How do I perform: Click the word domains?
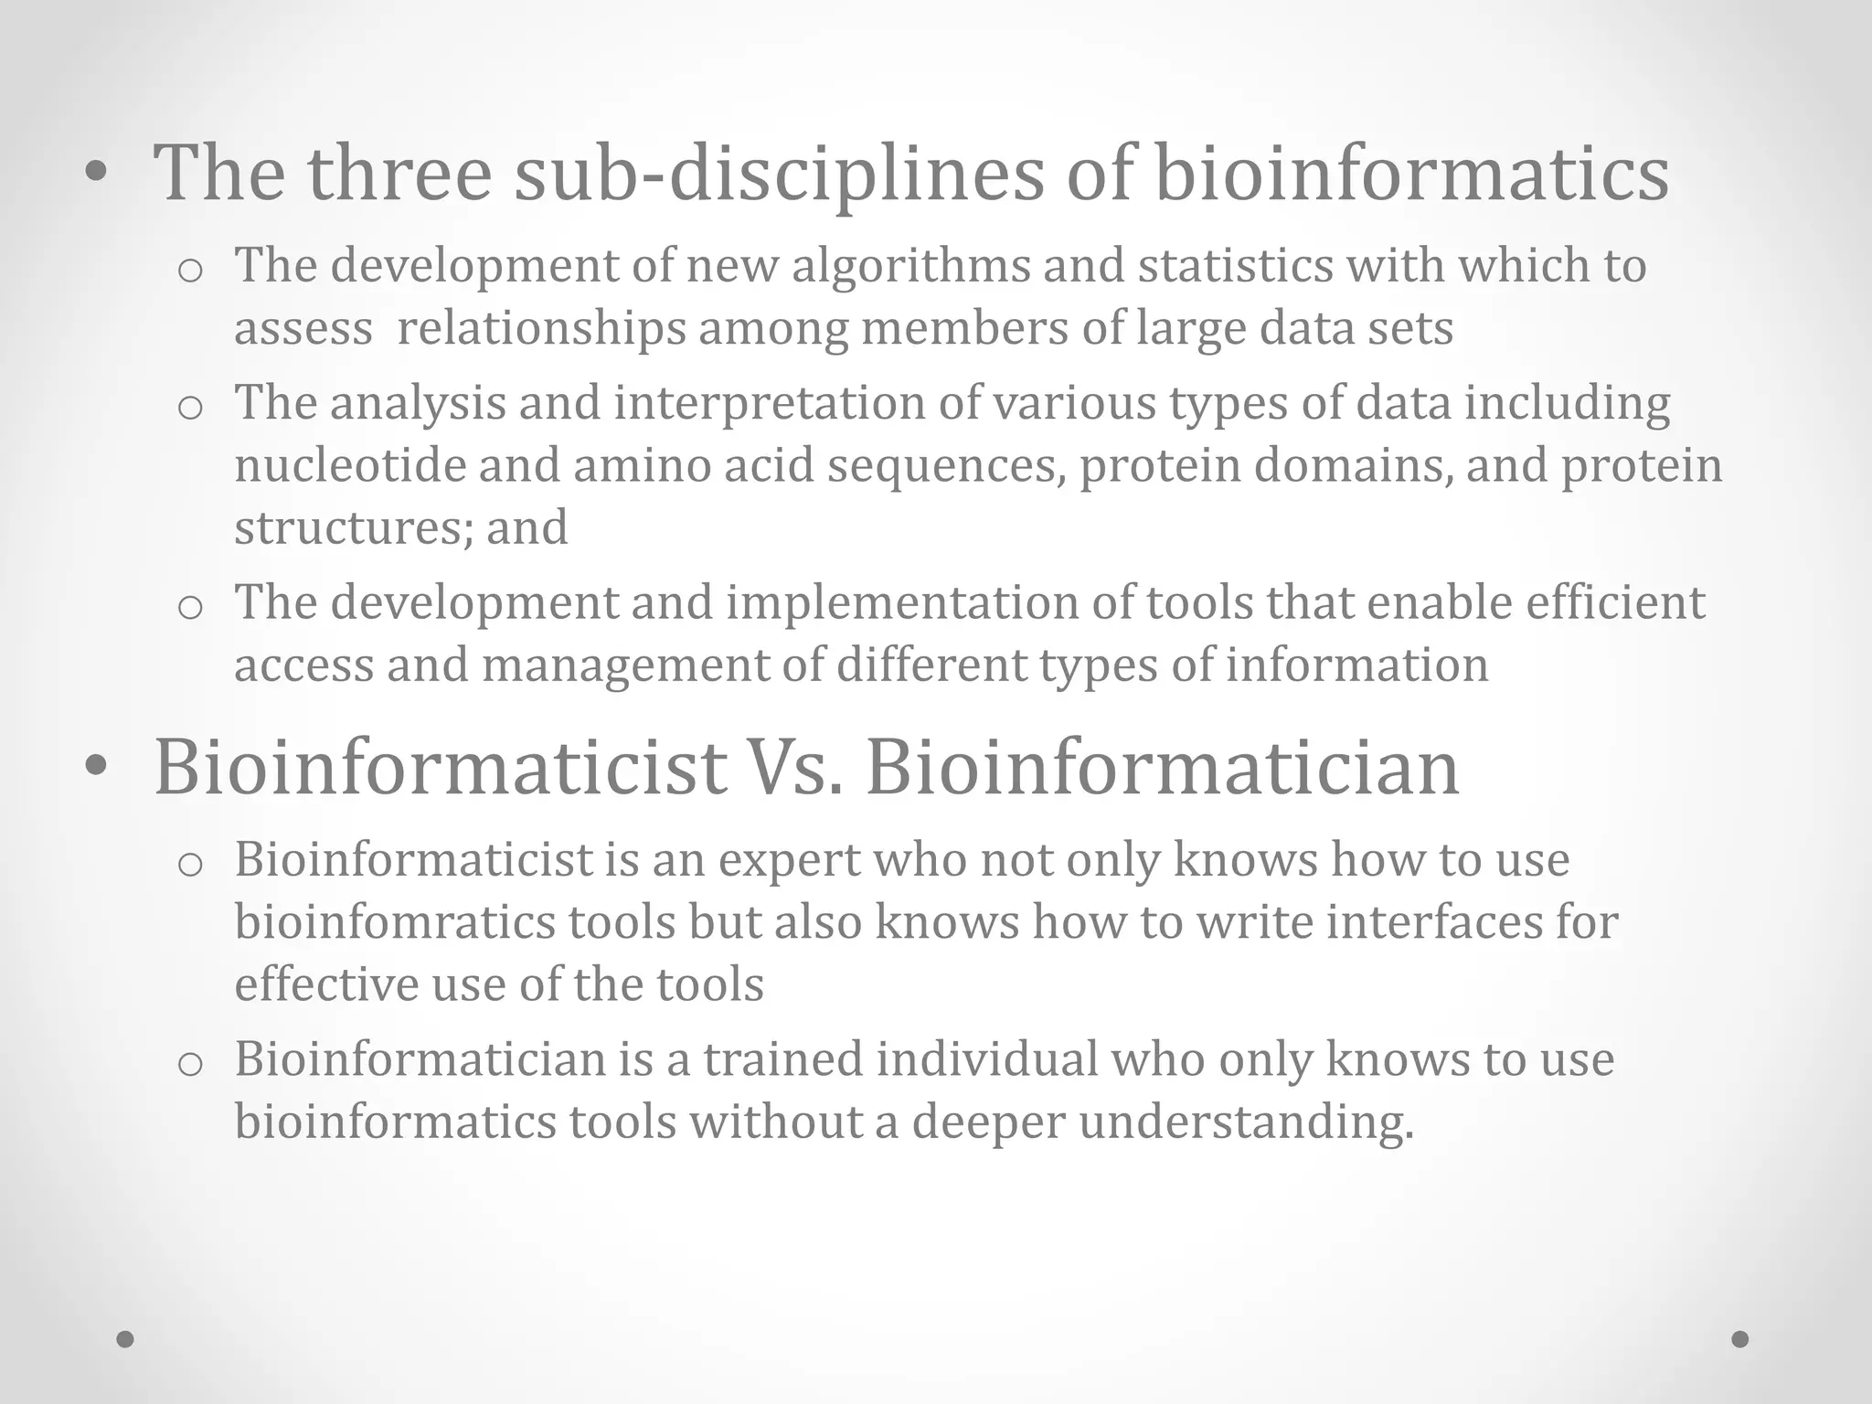click(x=1353, y=465)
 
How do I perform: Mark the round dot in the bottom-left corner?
click(x=126, y=1339)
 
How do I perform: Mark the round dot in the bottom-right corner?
click(x=1740, y=1339)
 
